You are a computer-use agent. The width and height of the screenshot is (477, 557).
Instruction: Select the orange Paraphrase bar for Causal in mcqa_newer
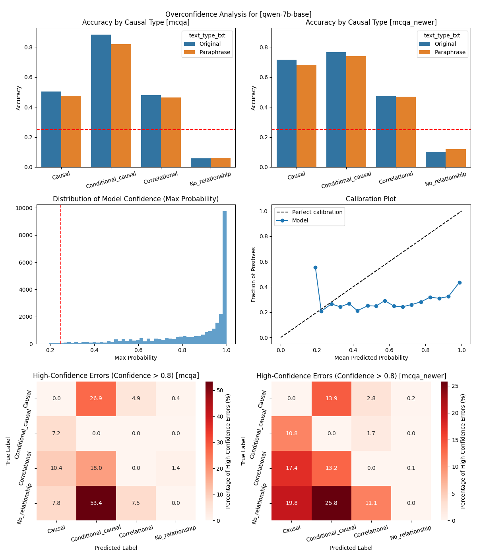pyautogui.click(x=306, y=116)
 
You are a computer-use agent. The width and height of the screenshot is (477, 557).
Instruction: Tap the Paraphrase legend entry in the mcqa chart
pyautogui.click(x=215, y=52)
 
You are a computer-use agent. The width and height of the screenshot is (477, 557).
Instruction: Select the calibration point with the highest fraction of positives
pyautogui.click(x=315, y=267)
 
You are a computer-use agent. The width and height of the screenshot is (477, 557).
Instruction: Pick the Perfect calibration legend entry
pyautogui.click(x=317, y=212)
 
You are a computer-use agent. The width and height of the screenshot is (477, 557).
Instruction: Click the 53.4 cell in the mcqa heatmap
pyautogui.click(x=96, y=503)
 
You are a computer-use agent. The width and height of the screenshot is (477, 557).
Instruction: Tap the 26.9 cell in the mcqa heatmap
pyautogui.click(x=96, y=399)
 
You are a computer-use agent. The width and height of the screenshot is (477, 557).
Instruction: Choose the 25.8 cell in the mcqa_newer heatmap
pyautogui.click(x=331, y=503)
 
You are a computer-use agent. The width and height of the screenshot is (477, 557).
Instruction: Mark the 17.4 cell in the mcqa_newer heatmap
pyautogui.click(x=291, y=468)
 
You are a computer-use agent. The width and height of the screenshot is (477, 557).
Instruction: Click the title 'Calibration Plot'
pyautogui.click(x=371, y=199)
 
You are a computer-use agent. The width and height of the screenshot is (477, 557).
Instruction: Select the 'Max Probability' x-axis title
pyautogui.click(x=136, y=358)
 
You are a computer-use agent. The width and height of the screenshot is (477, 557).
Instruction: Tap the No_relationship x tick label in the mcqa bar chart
pyautogui.click(x=210, y=179)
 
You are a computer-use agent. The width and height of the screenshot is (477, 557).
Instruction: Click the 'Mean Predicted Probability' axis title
pyautogui.click(x=371, y=358)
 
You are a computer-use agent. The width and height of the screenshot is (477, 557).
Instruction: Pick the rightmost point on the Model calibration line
pyautogui.click(x=460, y=282)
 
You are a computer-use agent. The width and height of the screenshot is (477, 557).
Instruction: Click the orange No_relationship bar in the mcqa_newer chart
pyautogui.click(x=456, y=158)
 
